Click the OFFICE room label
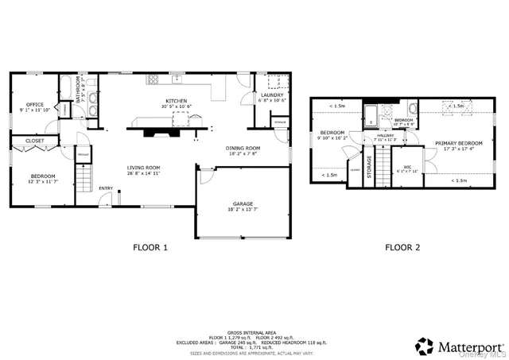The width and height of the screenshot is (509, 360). [x=34, y=104]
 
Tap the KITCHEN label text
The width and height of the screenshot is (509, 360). [x=176, y=101]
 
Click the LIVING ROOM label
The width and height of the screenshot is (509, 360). [x=144, y=168]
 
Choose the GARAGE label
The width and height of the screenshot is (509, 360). [x=243, y=203]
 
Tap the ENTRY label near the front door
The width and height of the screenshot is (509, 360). [x=106, y=188]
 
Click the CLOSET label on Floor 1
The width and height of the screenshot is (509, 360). [x=34, y=141]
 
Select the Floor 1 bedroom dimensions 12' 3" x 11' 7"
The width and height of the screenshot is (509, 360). [x=43, y=182]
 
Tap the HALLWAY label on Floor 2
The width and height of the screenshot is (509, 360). [x=386, y=135]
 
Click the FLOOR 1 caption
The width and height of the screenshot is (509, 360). [x=150, y=247]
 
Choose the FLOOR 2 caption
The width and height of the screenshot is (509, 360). [x=402, y=247]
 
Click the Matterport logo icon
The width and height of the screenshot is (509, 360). [x=425, y=345]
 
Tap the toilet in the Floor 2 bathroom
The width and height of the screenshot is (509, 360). [x=413, y=109]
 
